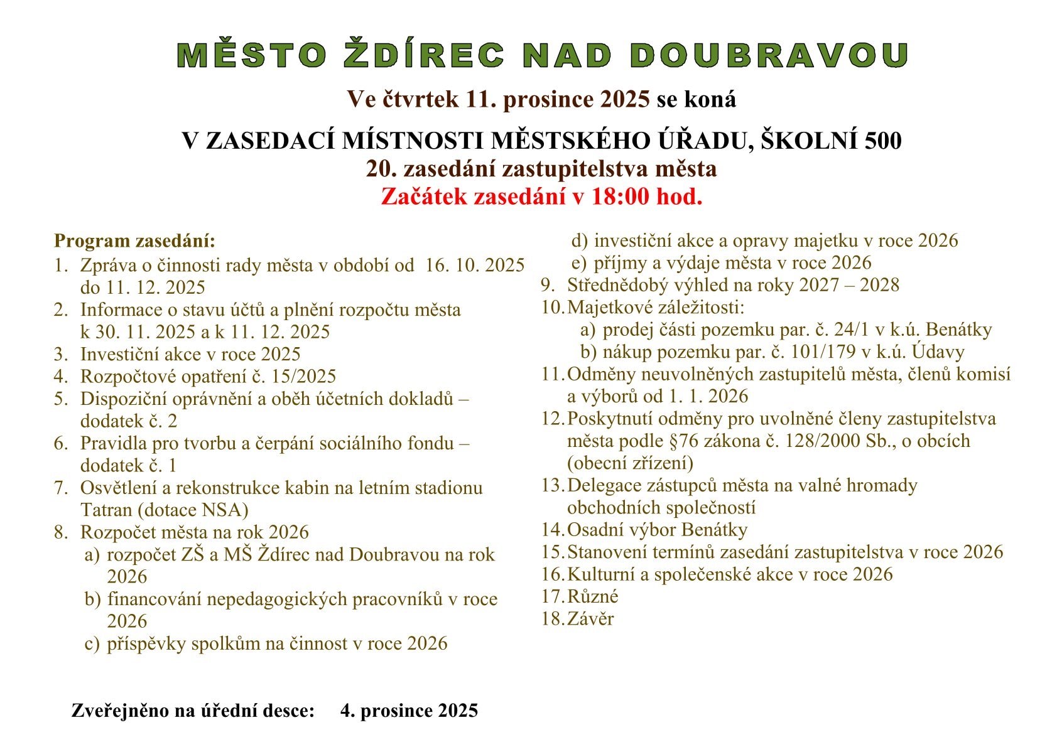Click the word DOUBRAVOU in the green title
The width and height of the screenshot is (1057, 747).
click(769, 55)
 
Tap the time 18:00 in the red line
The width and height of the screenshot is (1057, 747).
click(620, 197)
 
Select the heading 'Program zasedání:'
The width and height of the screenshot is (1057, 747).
click(134, 241)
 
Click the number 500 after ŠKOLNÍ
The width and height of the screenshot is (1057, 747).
click(882, 141)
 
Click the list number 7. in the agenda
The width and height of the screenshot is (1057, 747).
click(61, 488)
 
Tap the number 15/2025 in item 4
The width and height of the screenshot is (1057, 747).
click(306, 376)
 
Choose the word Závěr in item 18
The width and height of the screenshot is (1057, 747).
click(590, 619)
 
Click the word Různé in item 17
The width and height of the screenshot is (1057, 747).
click(593, 596)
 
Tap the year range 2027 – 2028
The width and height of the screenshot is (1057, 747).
click(849, 285)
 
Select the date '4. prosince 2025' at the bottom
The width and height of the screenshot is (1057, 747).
click(409, 711)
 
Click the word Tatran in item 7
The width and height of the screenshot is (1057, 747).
click(105, 510)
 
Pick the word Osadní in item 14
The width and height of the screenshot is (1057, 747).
click(598, 530)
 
